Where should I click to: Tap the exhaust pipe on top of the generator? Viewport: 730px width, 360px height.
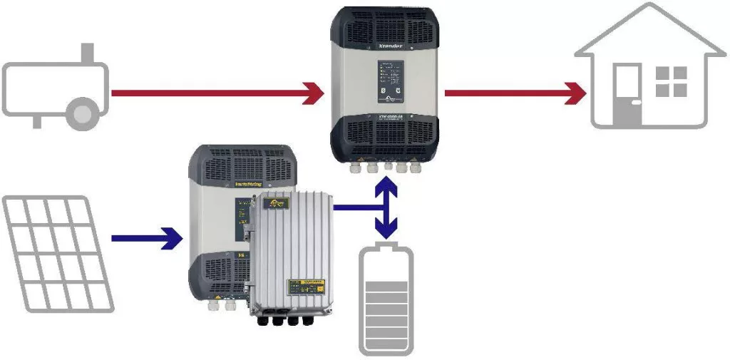click(88, 53)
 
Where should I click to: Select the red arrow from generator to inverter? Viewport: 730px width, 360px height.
click(214, 93)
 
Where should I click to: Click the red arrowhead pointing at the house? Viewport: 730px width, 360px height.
click(573, 93)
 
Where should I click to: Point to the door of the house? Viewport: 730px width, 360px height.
click(627, 93)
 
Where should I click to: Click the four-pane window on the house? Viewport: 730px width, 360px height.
click(671, 81)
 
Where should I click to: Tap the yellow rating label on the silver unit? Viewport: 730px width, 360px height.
click(308, 286)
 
